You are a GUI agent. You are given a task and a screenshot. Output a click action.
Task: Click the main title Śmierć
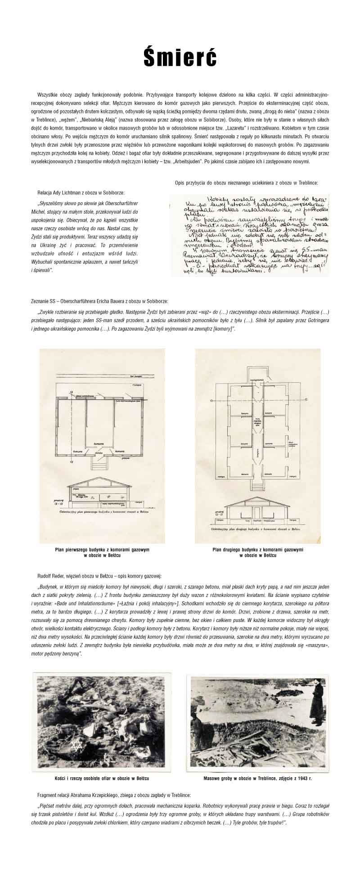180,58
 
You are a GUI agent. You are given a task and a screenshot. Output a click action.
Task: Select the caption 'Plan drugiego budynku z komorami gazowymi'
258,550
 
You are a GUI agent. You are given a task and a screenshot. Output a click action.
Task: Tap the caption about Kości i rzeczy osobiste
102,766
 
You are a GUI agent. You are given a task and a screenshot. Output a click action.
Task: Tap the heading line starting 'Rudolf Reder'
99,576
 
